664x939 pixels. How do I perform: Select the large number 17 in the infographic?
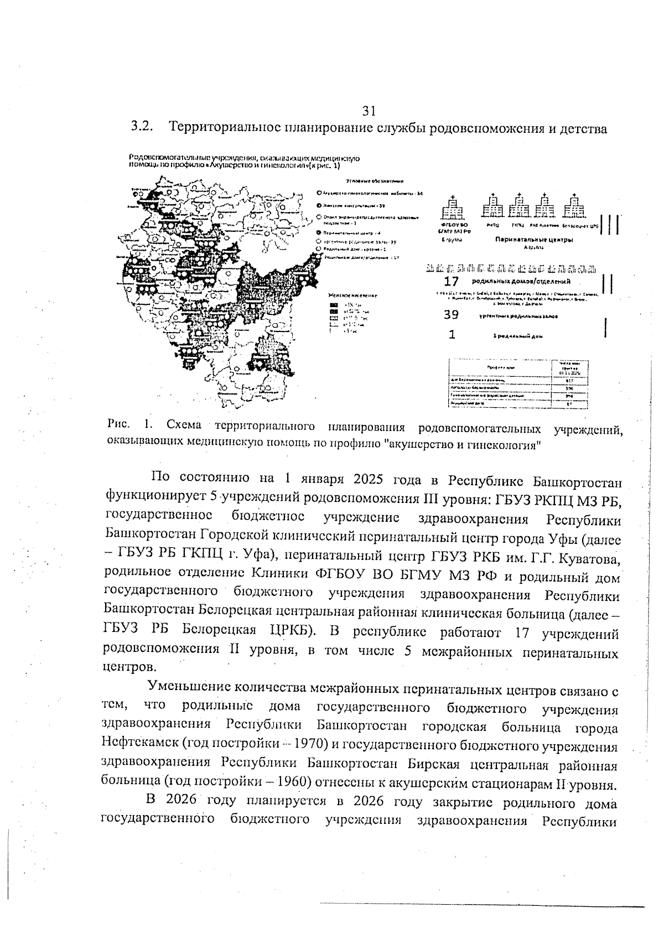[452, 282]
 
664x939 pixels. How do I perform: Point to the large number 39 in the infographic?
[452, 315]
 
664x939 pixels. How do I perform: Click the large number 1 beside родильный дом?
[452, 334]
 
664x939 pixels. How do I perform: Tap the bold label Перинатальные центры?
[533, 240]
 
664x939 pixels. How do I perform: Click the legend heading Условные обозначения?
[375, 181]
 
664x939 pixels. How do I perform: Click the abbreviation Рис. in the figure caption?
[119, 426]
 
